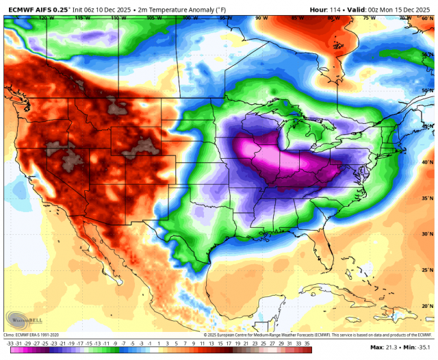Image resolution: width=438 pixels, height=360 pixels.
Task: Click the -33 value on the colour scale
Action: tap(10, 343)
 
